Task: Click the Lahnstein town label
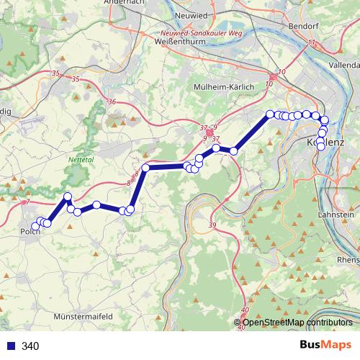[x=338, y=215]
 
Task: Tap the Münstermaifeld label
[x=85, y=316]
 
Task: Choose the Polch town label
[x=30, y=233]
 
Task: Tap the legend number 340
[x=30, y=346]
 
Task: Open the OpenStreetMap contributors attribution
[x=297, y=323]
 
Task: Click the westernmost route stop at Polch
[x=35, y=227]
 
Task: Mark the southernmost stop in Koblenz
[x=321, y=147]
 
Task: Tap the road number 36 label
[x=111, y=102]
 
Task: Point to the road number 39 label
[x=212, y=226]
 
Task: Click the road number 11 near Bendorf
[x=311, y=45]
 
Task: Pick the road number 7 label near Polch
[x=27, y=204]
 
